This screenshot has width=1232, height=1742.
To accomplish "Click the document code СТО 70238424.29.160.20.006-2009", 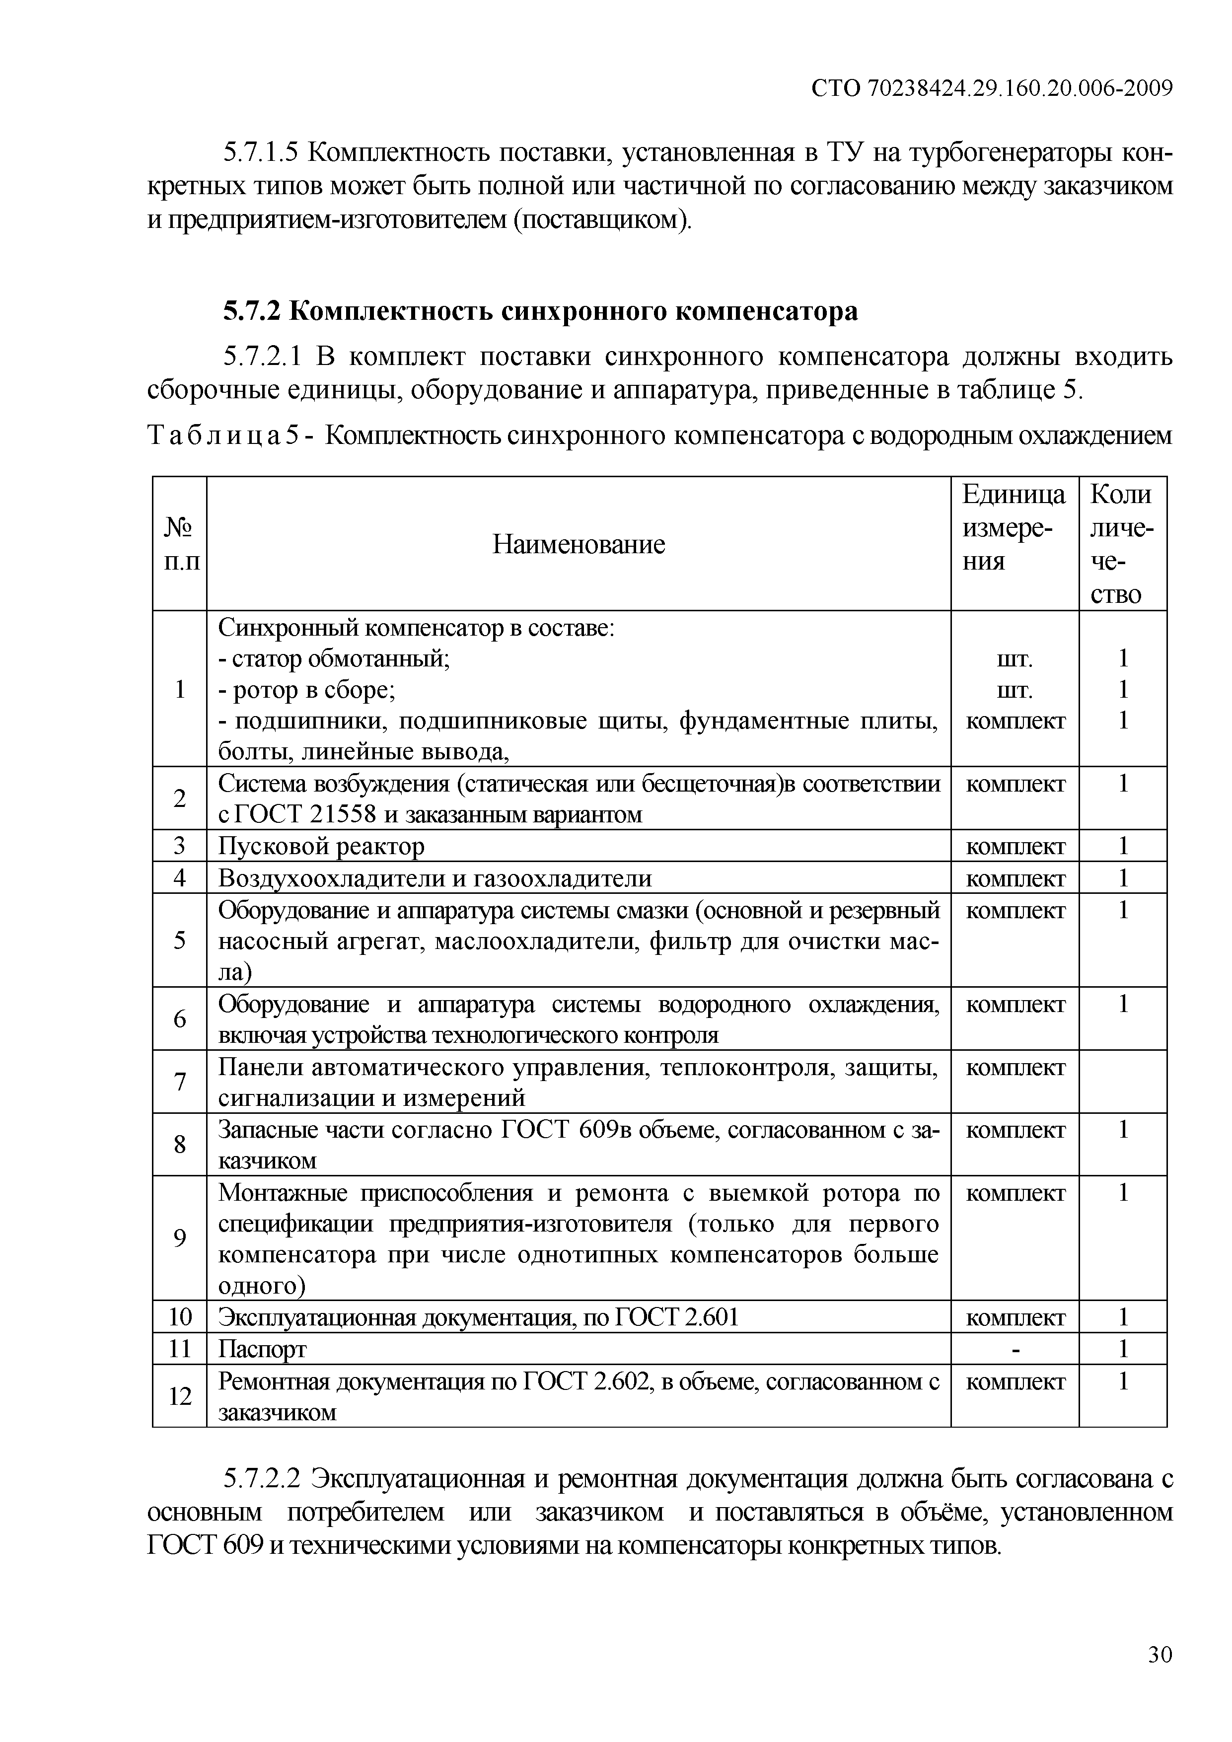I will point(992,89).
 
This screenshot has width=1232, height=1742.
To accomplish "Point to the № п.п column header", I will point(179,544).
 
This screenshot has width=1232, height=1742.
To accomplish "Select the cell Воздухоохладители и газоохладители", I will point(435,878).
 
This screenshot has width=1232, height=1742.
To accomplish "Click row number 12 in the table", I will point(180,1395).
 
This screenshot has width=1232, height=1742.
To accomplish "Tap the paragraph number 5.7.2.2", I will point(262,1479).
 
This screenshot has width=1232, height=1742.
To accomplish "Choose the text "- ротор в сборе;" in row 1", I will point(306,690).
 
